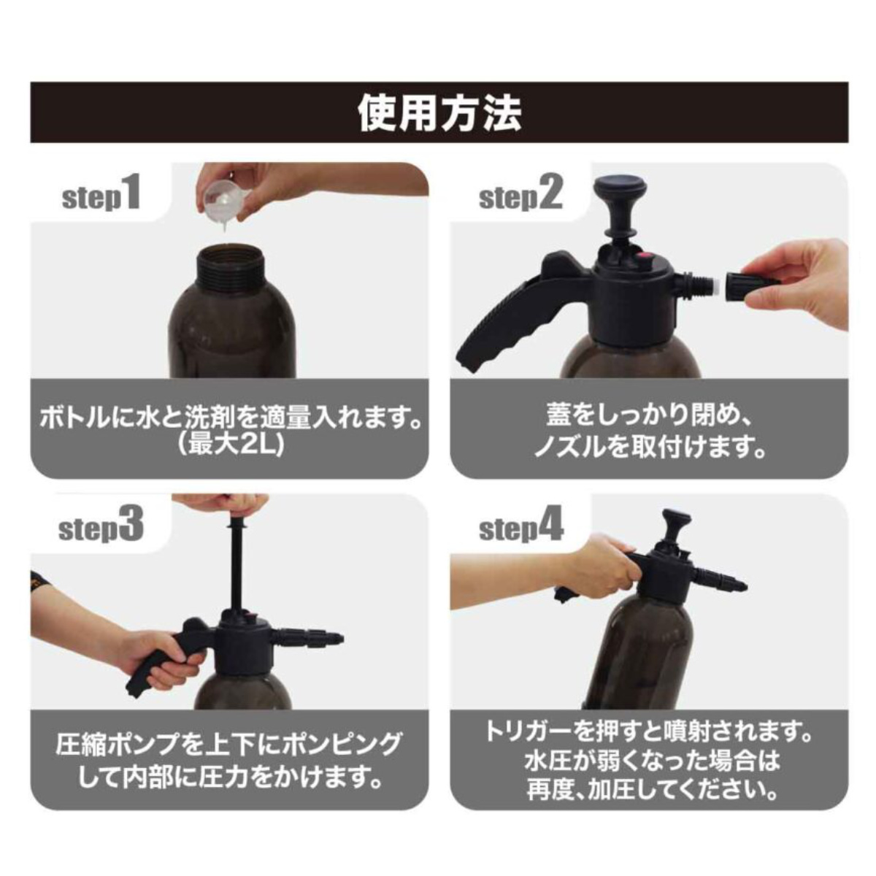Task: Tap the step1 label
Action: point(101,194)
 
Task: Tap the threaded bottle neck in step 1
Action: point(231,267)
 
